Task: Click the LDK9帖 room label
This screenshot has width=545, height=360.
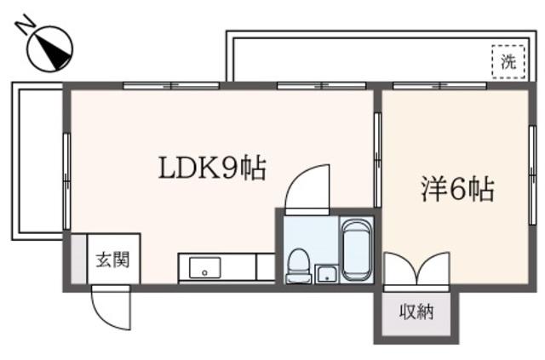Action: coord(212,169)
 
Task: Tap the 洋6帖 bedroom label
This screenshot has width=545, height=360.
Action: coord(458,190)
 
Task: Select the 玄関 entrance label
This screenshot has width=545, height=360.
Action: coord(112,260)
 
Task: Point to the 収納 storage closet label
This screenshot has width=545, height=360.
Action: coord(416,311)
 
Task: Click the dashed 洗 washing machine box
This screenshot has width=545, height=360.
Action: coord(508,62)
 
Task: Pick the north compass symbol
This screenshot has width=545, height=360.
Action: coord(50,49)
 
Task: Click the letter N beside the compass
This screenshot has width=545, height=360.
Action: coord(26,23)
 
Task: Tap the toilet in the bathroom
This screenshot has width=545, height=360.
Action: coord(298,266)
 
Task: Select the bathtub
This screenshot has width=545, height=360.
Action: coord(357,249)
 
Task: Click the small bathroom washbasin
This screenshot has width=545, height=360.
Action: coord(326,274)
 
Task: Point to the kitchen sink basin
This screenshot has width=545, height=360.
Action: coord(204,267)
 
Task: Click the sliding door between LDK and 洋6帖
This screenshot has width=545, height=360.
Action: coord(378,160)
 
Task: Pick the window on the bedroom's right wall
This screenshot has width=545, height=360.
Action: coord(532,175)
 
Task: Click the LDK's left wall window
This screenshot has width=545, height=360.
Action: coord(66,180)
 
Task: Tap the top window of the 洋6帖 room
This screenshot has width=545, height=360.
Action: coord(439,85)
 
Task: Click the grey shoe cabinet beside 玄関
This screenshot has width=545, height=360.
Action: coord(79,259)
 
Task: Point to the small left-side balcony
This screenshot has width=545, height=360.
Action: coord(37,161)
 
